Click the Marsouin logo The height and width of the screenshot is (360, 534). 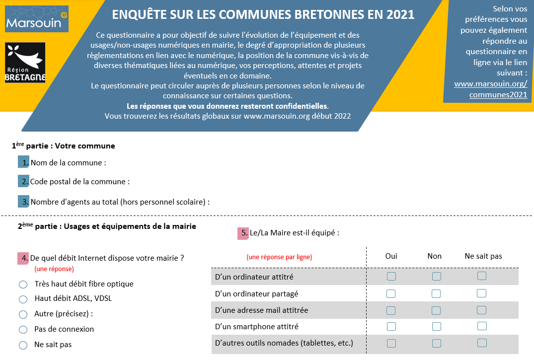pos(37,19)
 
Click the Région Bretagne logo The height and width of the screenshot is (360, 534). pos(25,63)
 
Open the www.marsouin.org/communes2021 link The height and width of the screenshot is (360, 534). pos(491,89)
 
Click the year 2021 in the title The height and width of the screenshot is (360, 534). pos(400,14)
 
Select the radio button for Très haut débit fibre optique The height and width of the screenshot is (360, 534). pos(23,285)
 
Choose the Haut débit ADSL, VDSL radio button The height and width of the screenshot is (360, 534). pos(23,299)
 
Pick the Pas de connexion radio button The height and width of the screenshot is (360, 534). pos(23,330)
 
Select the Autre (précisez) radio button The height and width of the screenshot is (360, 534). pos(23,314)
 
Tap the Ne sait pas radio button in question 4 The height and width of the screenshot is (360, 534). pos(23,345)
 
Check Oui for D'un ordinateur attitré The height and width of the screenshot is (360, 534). pos(391,276)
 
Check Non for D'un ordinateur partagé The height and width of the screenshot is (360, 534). pos(436,293)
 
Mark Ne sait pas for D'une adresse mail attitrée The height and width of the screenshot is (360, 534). pos(481,310)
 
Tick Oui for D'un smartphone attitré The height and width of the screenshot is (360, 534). pos(391,326)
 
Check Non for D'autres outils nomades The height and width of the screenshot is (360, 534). pos(437,343)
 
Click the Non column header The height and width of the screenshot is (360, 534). pos(435,256)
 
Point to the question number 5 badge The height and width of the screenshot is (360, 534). pos(243,233)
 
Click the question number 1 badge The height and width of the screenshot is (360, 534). pos(23,162)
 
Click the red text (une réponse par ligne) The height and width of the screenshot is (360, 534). pos(279,257)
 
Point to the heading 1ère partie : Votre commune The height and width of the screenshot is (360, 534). pos(64,145)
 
